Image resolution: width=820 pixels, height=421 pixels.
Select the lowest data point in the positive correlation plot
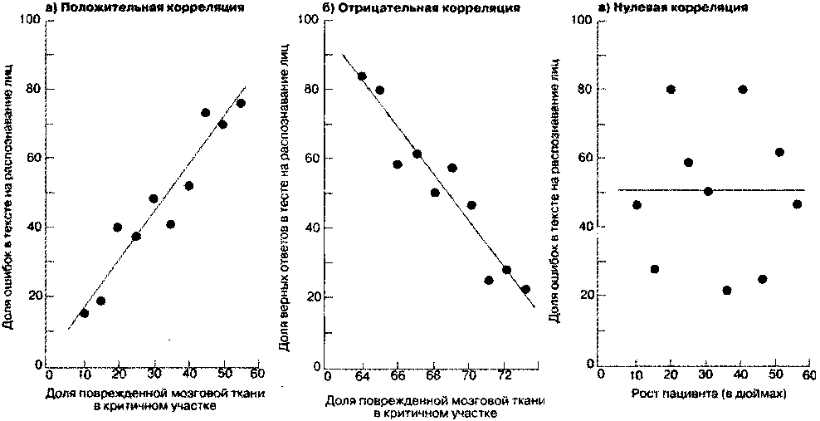point(84,313)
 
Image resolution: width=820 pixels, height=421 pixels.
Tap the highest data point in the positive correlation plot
point(241,104)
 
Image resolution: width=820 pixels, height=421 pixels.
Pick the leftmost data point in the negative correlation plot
point(362,76)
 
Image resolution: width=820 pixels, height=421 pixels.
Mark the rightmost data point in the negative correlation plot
point(525,289)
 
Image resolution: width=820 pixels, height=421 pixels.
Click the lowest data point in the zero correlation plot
point(727,290)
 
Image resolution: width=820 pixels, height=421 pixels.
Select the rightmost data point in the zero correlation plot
point(797,204)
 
